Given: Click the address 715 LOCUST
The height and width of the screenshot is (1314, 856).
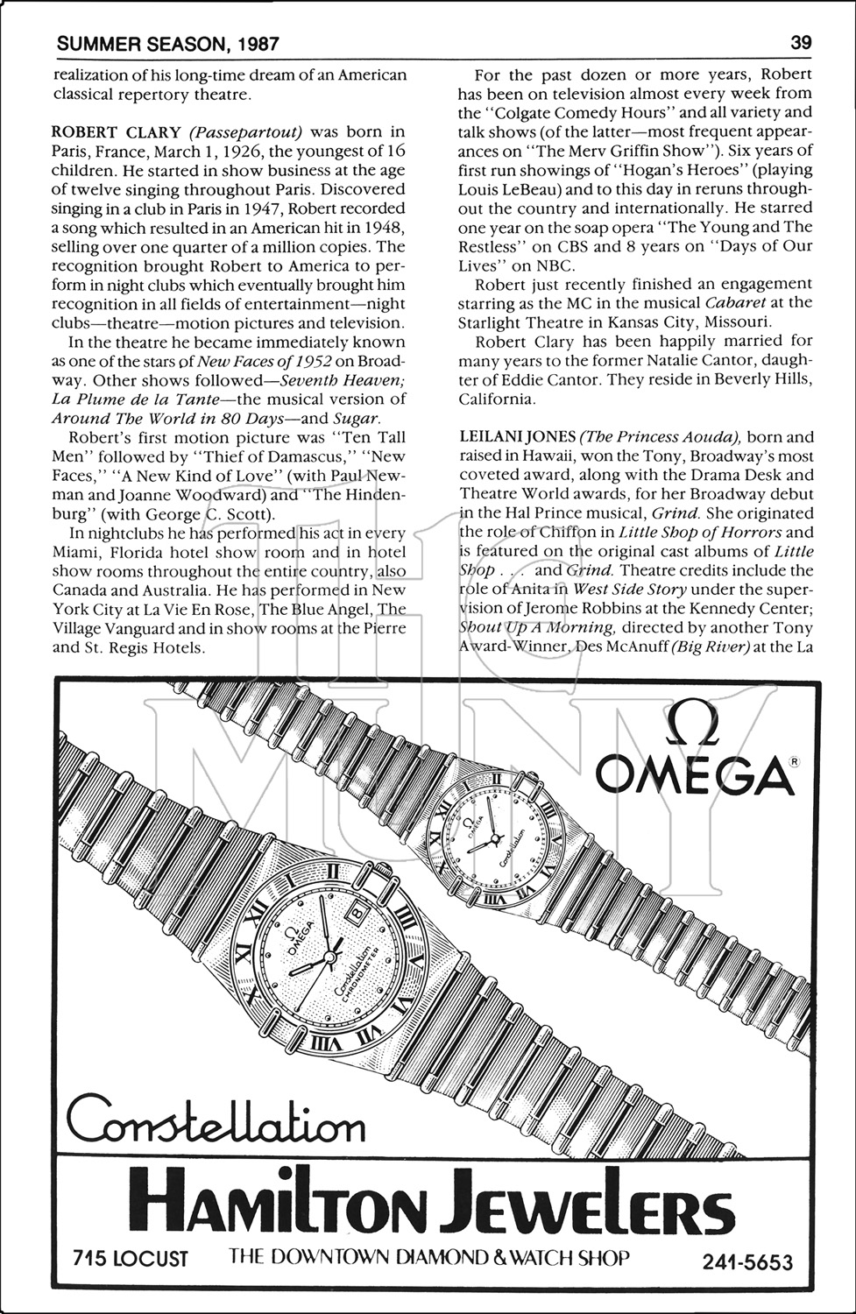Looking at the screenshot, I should point(131,1259).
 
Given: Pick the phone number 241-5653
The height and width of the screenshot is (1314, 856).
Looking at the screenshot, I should point(746,1261).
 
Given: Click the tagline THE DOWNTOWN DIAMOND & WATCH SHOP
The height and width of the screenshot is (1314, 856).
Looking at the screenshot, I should point(429,1258).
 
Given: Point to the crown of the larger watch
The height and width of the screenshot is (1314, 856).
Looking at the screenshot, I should point(386,869).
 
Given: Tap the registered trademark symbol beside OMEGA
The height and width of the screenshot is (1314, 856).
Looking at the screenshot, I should point(793,762).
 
